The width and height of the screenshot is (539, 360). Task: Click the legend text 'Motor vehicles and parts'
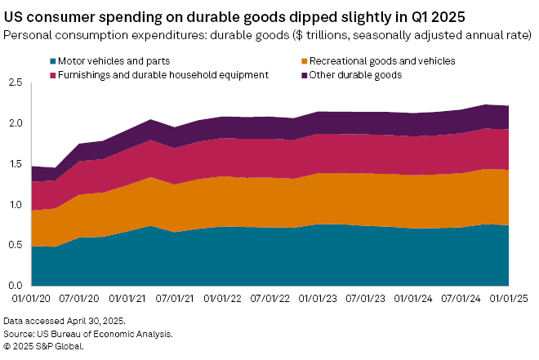(111, 61)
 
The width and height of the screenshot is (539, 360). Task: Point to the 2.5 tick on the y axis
(15, 82)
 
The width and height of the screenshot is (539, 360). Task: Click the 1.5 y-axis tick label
(15, 164)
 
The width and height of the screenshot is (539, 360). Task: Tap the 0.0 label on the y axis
(15, 286)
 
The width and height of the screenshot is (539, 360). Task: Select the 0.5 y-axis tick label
(15, 245)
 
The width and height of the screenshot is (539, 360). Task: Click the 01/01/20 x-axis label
(33, 300)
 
